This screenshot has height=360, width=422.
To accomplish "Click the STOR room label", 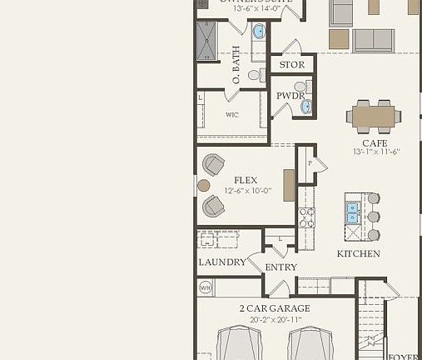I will click(292, 64).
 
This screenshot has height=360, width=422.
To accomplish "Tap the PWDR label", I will click(291, 96).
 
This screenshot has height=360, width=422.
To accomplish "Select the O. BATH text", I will click(237, 66).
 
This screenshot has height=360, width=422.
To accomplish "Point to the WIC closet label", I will click(232, 115).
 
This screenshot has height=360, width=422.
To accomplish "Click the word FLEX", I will click(246, 180).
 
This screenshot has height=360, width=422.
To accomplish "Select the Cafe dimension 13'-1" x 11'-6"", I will click(376, 152).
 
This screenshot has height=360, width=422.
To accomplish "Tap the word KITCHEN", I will click(358, 253).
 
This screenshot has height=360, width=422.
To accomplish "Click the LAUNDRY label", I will click(222, 262).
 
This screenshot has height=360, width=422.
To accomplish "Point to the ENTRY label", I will click(281, 267).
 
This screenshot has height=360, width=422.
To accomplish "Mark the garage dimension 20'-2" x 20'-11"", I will click(271, 319).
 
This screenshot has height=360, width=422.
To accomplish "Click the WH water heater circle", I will click(206, 287).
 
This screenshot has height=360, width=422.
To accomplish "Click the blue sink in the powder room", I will click(306, 106).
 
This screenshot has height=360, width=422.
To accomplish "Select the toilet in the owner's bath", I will click(256, 75).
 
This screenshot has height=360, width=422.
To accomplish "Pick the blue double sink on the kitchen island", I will click(353, 212).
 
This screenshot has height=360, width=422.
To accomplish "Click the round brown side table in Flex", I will click(203, 185).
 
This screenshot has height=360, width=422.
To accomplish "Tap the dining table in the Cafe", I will click(373, 116).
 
